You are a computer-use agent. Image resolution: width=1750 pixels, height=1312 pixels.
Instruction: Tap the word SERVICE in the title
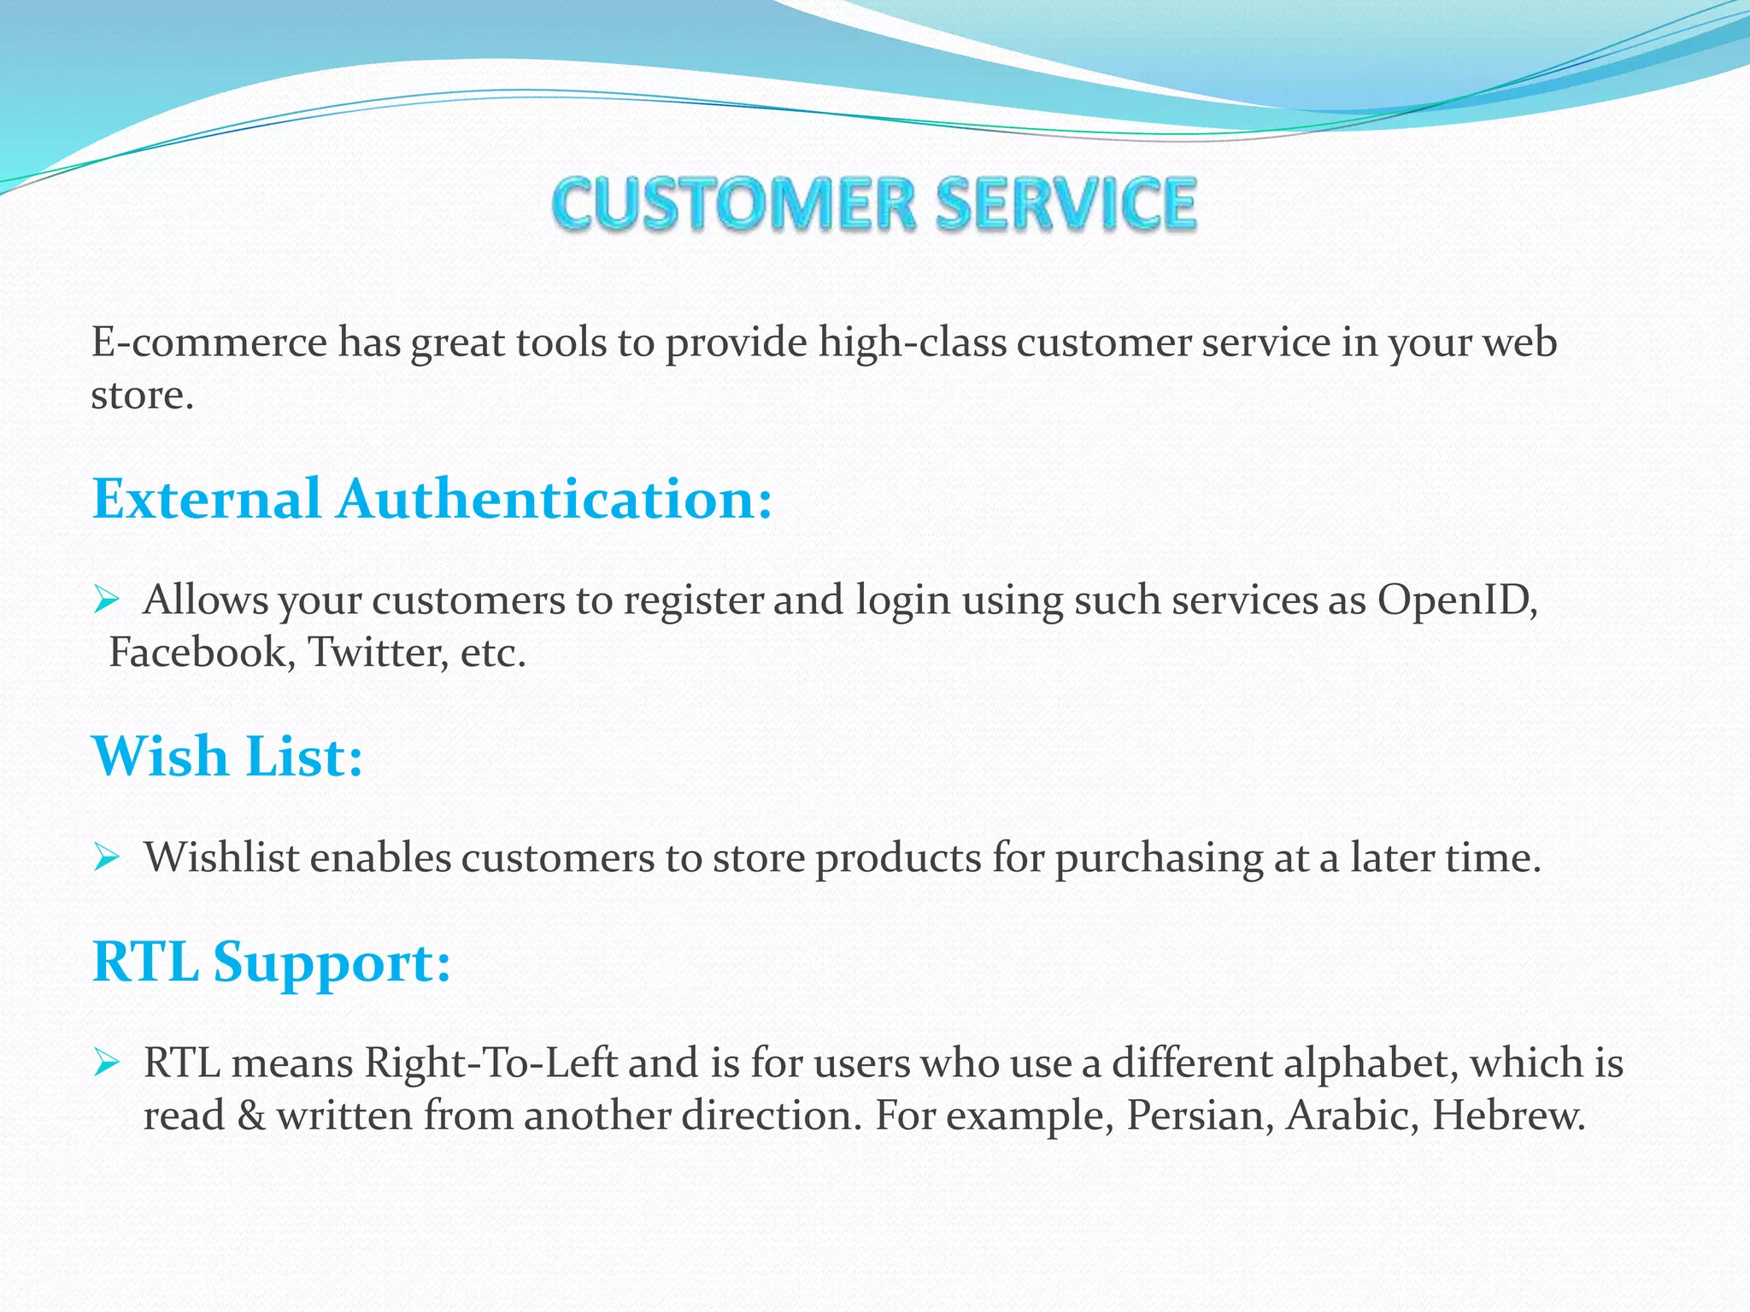[1066, 204]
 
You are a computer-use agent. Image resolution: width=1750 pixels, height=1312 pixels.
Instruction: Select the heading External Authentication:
[432, 499]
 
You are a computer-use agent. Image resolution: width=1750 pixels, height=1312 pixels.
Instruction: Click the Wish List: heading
[227, 757]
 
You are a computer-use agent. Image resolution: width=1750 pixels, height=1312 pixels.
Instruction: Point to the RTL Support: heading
[271, 963]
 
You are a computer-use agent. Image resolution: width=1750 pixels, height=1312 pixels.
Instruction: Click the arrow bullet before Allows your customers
[106, 600]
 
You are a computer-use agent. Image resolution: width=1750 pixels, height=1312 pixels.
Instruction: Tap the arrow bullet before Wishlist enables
[106, 857]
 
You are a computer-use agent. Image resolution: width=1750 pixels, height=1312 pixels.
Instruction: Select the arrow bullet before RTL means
[106, 1063]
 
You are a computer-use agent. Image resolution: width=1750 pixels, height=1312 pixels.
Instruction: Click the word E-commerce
[208, 343]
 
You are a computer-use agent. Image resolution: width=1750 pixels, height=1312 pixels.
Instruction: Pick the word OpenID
[1456, 600]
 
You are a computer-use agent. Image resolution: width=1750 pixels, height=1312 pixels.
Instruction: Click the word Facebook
[202, 653]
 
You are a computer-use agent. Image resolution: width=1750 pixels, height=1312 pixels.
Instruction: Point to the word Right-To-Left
[490, 1063]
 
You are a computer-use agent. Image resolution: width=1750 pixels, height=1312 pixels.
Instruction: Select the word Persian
[1193, 1116]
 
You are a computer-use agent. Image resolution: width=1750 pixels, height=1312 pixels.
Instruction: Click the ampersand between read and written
[251, 1116]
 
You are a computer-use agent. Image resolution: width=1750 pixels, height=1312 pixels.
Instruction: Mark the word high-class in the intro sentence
[912, 343]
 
